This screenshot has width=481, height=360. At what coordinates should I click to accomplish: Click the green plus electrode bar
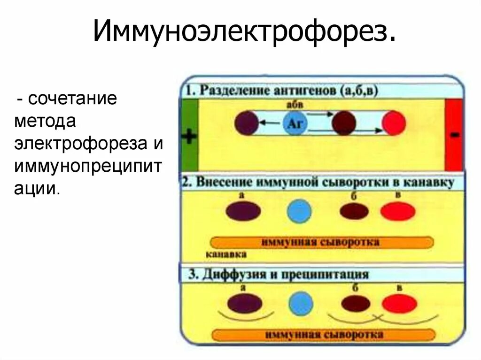click(189, 136)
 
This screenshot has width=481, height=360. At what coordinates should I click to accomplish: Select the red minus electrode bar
click(454, 135)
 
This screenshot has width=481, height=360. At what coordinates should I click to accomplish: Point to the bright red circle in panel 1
click(394, 124)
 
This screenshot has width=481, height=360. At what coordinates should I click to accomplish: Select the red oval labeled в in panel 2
click(397, 211)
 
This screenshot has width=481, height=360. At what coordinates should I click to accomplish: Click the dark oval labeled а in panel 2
click(243, 211)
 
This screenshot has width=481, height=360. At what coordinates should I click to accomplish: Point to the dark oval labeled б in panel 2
click(354, 212)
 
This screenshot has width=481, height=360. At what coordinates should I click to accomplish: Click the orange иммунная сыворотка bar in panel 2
click(321, 242)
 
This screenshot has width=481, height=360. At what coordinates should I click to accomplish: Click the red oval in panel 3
click(399, 304)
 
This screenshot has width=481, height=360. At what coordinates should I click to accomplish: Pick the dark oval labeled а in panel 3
click(244, 303)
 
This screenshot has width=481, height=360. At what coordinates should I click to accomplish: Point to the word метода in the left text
click(45, 122)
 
